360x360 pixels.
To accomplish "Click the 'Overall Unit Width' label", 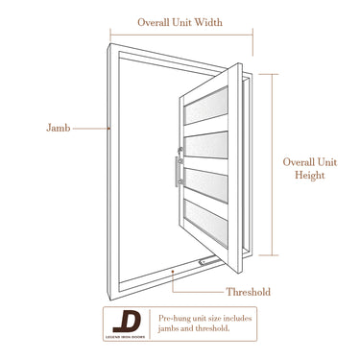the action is (x=180, y=22).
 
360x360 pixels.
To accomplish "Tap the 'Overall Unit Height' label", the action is (x=310, y=169).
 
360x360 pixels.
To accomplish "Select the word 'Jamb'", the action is (x=59, y=128).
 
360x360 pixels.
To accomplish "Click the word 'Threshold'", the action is (x=249, y=292).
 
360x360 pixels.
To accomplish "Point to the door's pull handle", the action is (x=178, y=172).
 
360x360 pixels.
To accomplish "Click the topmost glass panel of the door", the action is (x=206, y=106).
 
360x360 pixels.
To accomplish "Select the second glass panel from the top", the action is (x=206, y=145).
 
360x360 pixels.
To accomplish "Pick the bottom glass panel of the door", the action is (x=206, y=223).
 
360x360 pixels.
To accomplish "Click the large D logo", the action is (x=127, y=323).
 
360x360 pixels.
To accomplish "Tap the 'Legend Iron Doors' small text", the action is (x=125, y=337).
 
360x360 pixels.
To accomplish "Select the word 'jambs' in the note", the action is (x=168, y=328).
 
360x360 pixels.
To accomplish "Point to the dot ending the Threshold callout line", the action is (x=173, y=272).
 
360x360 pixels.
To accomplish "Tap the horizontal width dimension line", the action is (x=181, y=35).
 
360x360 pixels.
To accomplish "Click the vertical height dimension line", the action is (x=273, y=165).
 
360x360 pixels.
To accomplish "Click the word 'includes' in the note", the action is (x=237, y=319).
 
